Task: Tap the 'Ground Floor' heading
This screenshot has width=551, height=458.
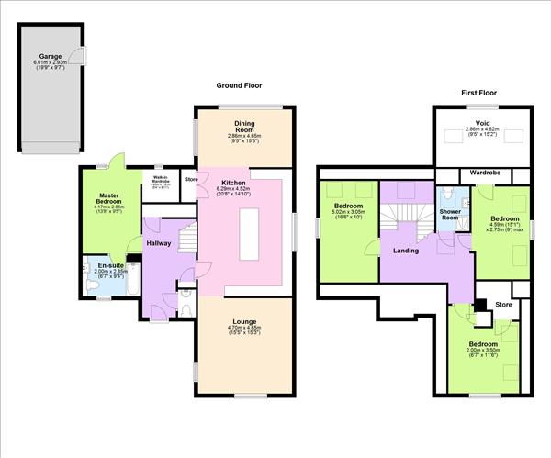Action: point(240,85)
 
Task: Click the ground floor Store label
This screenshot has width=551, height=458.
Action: point(190,178)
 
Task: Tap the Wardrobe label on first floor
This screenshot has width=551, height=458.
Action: point(483,172)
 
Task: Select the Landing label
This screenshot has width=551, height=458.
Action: point(405,250)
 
